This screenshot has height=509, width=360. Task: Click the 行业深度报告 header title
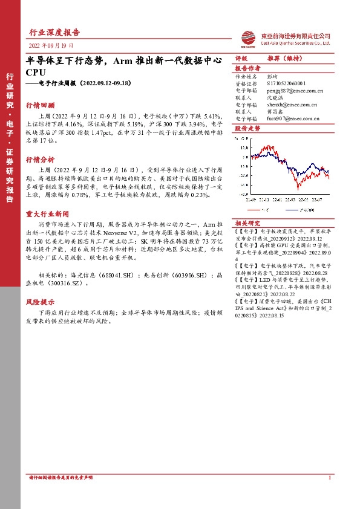point(54,32)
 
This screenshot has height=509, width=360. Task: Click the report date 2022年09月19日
point(51,45)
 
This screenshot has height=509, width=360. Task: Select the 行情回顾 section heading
point(40,105)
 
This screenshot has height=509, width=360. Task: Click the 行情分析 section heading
point(40,160)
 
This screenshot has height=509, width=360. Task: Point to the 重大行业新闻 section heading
point(47,214)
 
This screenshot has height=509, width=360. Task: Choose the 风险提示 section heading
point(40,301)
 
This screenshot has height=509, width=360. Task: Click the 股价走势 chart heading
point(246,129)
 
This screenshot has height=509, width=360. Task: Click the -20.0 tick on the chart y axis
point(244,176)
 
